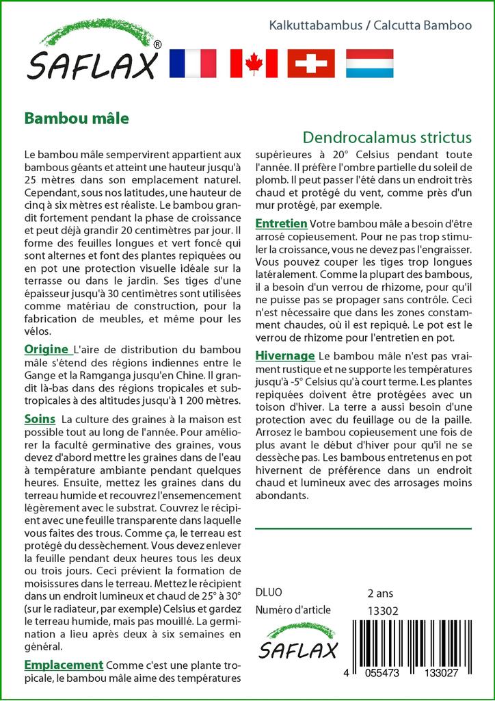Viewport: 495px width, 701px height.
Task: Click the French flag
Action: pos(192,63)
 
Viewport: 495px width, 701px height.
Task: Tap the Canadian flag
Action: pos(254,63)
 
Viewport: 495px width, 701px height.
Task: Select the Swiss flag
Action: pos(311,63)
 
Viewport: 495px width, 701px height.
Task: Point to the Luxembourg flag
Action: pos(369,63)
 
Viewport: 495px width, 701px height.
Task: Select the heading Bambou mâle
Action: pos(77,117)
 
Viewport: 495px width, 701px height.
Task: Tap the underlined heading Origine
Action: pos(46,349)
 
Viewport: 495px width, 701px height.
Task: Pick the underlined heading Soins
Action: pos(40,418)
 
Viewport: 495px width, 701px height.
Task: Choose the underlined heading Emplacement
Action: pos(64,665)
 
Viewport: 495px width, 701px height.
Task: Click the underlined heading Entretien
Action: pos(281,224)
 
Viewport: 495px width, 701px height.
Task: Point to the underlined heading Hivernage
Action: pos(285,356)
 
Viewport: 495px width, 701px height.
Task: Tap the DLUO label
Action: pos(268,593)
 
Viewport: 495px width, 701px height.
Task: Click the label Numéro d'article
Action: pos(293,610)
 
